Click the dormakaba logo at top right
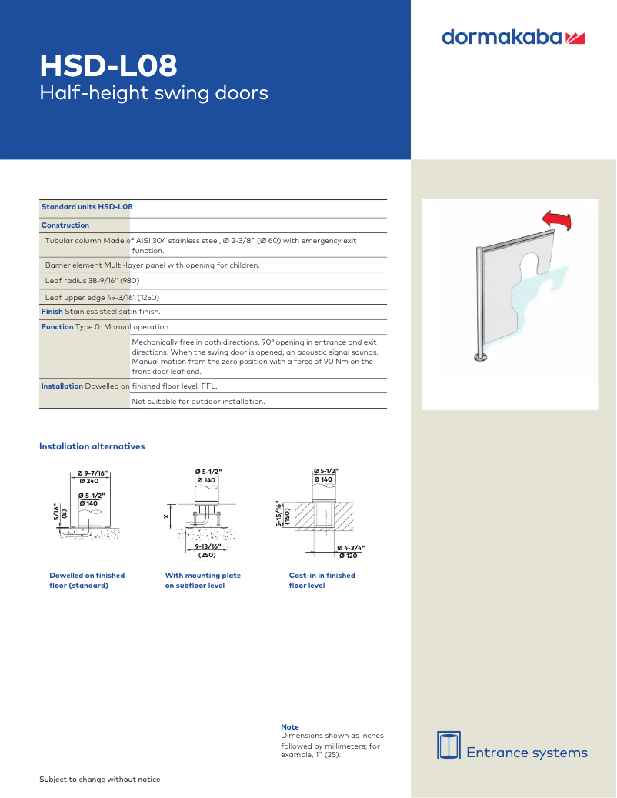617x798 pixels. [513, 37]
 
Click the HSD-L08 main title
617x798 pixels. [108, 66]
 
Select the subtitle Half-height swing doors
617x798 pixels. [154, 94]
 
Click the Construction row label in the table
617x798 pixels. [65, 225]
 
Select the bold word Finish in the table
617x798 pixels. [52, 312]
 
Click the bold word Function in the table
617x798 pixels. [57, 327]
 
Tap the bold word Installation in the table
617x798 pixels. [62, 386]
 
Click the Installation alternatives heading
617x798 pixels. [92, 446]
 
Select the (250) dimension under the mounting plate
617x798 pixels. [207, 554]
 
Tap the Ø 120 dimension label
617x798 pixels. [350, 555]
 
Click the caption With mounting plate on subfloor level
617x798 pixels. [202, 580]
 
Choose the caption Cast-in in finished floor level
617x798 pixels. [322, 580]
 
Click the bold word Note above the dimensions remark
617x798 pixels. [290, 726]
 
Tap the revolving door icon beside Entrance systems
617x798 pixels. [449, 744]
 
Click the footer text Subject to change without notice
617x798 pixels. [100, 780]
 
